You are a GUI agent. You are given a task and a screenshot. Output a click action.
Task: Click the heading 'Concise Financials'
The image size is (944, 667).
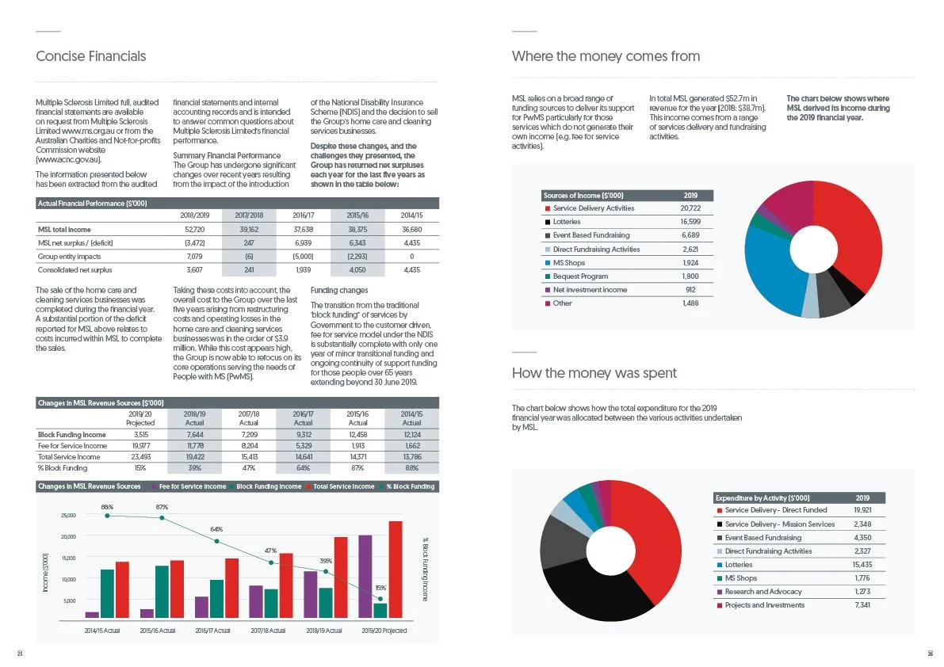(91, 56)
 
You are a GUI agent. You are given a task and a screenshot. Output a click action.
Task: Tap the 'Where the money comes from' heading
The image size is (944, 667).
(606, 56)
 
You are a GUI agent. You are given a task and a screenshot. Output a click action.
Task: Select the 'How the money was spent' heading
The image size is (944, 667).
(594, 373)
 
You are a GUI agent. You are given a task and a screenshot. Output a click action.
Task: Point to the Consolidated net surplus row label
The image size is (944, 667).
(75, 269)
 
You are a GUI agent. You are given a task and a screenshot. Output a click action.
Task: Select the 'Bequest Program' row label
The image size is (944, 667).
(580, 276)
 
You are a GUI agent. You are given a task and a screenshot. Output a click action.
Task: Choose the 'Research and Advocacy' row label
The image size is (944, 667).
(762, 592)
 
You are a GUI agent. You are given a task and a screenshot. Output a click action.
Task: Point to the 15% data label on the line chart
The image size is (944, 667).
(380, 588)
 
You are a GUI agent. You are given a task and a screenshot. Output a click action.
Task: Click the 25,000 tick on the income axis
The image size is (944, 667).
(68, 516)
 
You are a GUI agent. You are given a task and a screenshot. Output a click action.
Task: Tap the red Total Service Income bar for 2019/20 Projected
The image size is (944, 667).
(395, 569)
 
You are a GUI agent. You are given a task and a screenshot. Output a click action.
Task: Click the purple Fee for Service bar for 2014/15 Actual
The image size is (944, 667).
(92, 614)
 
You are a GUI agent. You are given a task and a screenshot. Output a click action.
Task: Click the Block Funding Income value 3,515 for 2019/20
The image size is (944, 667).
(139, 434)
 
